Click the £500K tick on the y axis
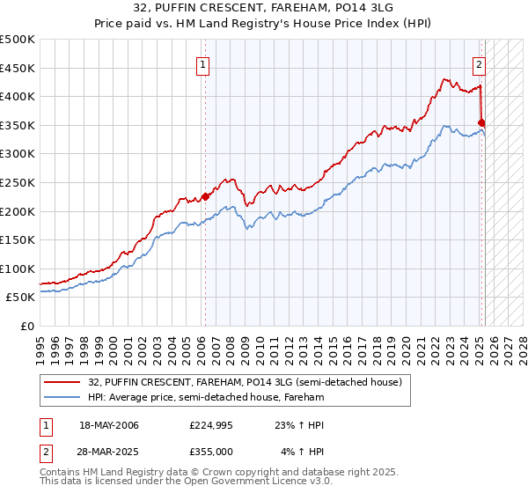pos(18,40)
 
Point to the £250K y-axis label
pos(18,182)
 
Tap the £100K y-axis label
pos(18,269)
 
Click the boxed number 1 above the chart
pos(204,63)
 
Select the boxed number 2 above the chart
pos(480,63)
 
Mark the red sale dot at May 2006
pos(205,197)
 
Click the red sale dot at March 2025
pos(482,123)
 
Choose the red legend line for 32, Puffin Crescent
pos(62,382)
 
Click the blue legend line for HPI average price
pos(62,397)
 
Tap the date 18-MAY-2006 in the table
pos(109,425)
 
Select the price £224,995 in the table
pos(210,425)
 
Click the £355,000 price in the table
pos(210,452)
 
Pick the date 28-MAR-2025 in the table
pos(109,452)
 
